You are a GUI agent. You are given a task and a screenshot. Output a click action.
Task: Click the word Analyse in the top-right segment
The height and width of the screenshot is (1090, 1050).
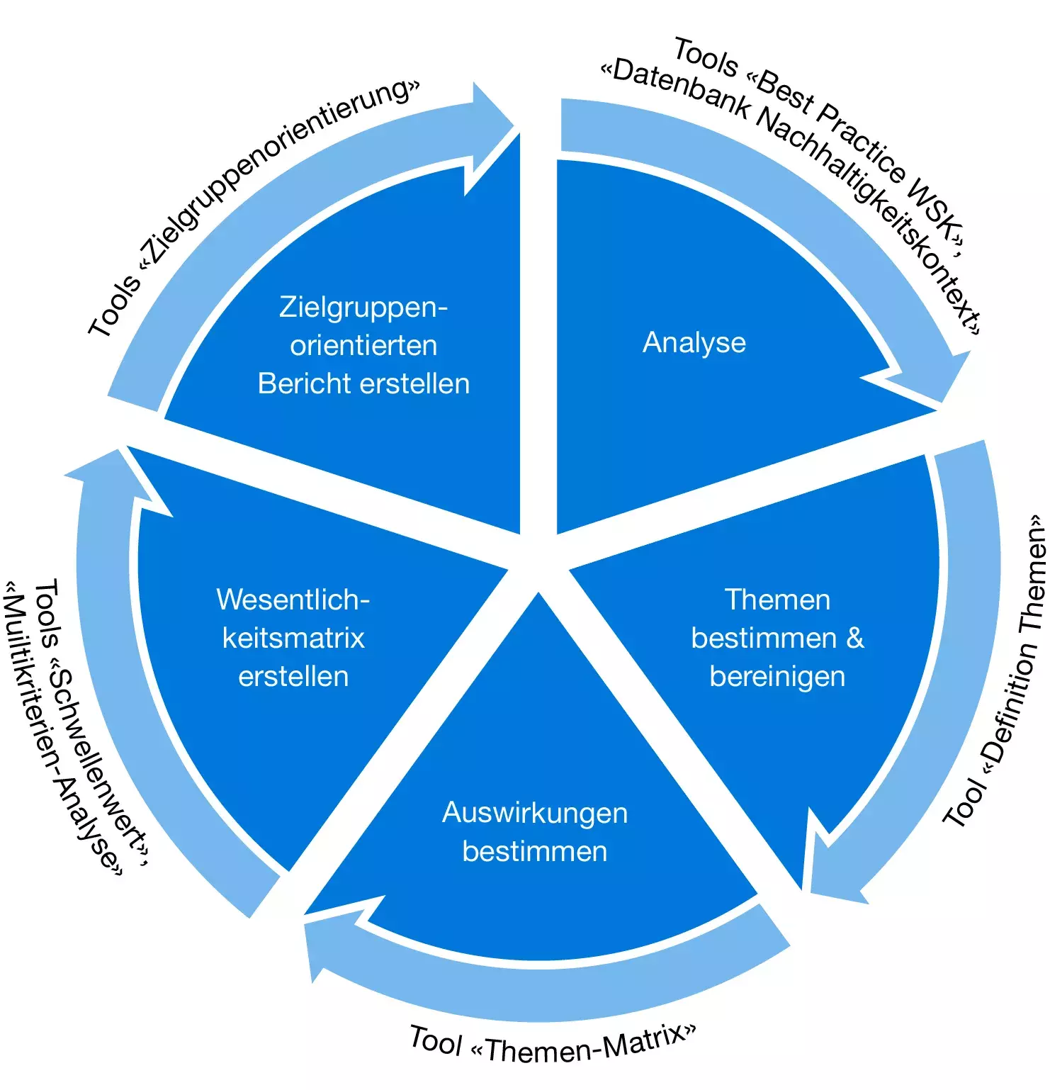(694, 343)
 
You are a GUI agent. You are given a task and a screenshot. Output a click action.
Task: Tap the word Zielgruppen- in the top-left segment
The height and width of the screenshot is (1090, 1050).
(363, 308)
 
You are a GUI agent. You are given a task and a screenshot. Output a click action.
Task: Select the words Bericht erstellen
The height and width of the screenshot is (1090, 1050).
(363, 383)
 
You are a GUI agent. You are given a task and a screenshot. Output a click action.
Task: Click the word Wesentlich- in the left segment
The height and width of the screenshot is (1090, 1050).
(293, 600)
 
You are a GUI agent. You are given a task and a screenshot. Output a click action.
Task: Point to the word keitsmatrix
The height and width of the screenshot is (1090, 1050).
(293, 638)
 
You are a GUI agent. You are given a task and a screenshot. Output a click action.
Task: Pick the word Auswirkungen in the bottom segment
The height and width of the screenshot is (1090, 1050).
(535, 814)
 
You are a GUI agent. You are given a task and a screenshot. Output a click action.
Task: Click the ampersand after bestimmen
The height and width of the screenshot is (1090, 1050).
(855, 638)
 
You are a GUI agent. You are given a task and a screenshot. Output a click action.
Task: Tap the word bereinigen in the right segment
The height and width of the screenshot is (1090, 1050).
(777, 677)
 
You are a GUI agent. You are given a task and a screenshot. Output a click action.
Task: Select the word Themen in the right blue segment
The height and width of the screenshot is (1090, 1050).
(777, 600)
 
